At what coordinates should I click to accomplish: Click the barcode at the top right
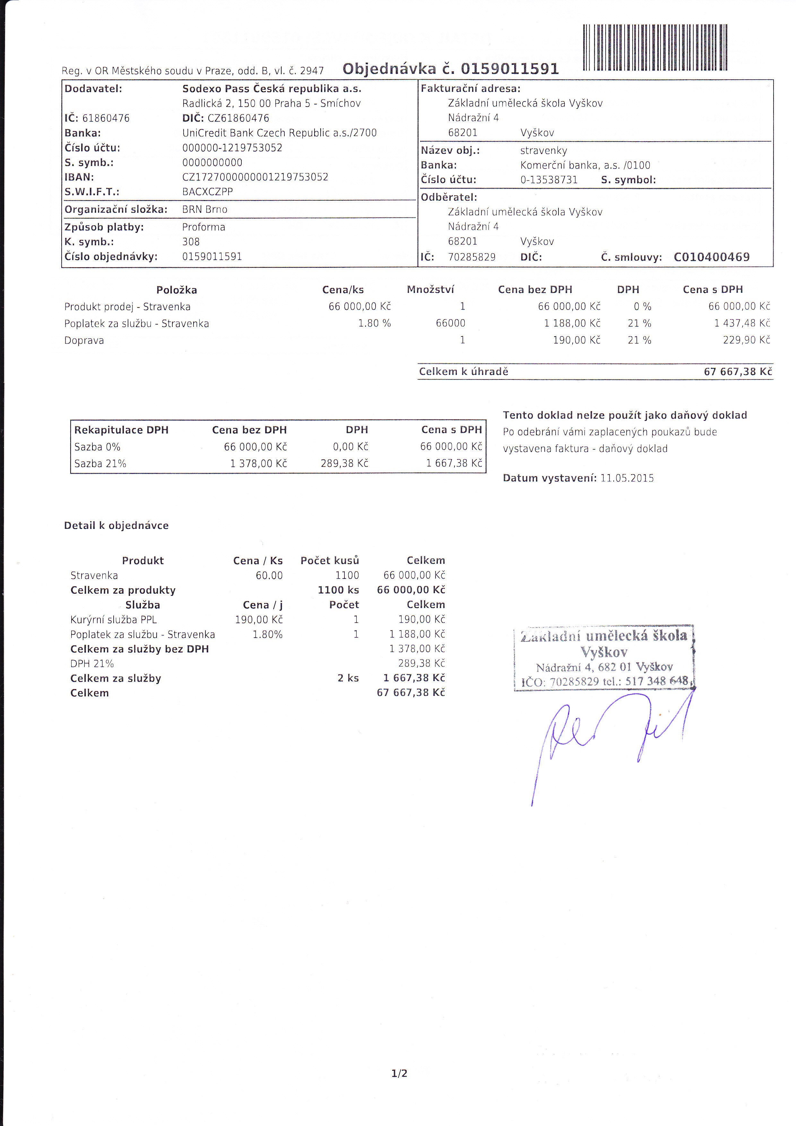point(654,47)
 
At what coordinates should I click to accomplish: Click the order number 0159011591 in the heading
point(509,69)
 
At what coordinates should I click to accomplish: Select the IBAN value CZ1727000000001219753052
point(255,177)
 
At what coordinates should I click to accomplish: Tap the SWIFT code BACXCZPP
point(207,192)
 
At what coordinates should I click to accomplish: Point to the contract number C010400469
point(711,257)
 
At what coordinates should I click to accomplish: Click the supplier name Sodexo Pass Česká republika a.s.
point(272,89)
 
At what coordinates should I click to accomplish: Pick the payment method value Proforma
point(203,227)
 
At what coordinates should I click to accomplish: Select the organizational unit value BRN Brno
point(204,209)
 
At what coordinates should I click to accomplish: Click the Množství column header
point(430,289)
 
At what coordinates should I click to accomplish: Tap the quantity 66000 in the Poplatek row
point(450,323)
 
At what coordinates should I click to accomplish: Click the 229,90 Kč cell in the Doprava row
point(746,340)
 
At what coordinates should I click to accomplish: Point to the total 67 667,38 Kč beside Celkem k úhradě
point(738,372)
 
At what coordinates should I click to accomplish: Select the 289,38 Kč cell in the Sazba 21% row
point(344,463)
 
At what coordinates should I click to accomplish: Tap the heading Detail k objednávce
point(116,526)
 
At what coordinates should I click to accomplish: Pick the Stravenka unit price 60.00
point(269,575)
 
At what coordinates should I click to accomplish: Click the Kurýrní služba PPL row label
point(113,619)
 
